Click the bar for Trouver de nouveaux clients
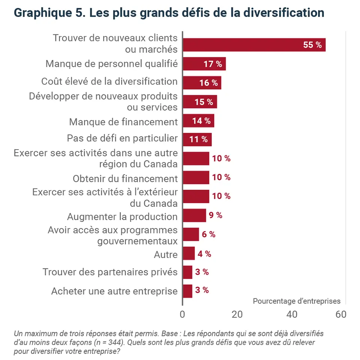(254, 45)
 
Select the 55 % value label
(312, 45)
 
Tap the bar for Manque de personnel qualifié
(204, 64)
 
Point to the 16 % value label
(208, 83)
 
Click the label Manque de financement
(123, 122)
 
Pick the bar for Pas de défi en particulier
(197, 139)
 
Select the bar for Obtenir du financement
(196, 177)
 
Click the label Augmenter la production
(122, 217)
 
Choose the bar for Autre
(189, 253)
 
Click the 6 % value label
(208, 234)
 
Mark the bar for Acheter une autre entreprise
(187, 291)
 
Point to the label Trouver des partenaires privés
(110, 272)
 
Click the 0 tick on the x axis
(183, 315)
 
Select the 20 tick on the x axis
(237, 315)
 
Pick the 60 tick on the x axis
(341, 315)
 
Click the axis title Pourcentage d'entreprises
(297, 301)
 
